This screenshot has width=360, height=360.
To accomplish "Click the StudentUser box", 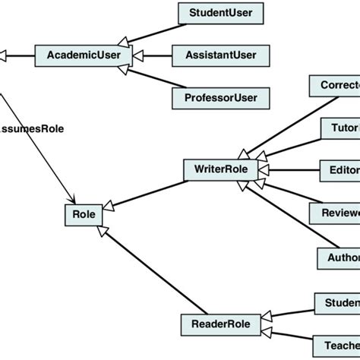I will click(216, 12).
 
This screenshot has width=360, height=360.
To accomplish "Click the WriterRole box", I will click(221, 169).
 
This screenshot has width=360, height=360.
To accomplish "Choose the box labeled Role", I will click(84, 215).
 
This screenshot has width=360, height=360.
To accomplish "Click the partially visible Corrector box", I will click(334, 85).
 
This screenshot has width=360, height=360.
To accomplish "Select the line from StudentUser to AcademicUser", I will click(155, 34).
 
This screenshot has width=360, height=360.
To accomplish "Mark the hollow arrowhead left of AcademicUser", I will click(4, 55).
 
